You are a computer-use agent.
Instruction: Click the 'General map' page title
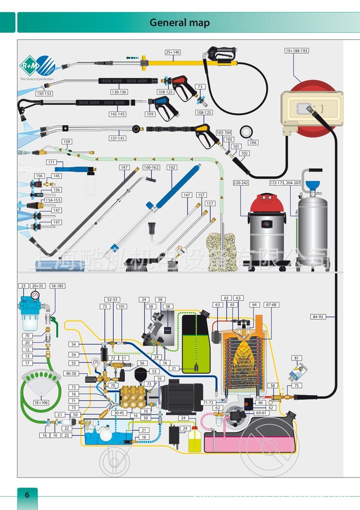(179, 23)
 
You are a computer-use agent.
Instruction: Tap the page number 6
(27, 495)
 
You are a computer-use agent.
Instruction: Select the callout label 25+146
(173, 52)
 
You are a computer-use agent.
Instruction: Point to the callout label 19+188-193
(297, 51)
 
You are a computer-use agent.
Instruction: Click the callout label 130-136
(119, 92)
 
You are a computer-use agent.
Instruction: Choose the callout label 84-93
(317, 316)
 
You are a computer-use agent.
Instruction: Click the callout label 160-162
(151, 167)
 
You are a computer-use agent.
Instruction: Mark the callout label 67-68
(271, 305)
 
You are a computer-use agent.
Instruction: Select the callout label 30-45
(119, 412)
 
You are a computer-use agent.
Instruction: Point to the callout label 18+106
(41, 402)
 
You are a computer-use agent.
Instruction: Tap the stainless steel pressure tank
(312, 227)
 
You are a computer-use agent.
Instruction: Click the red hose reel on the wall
(312, 107)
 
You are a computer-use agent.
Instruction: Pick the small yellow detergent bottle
(195, 440)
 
